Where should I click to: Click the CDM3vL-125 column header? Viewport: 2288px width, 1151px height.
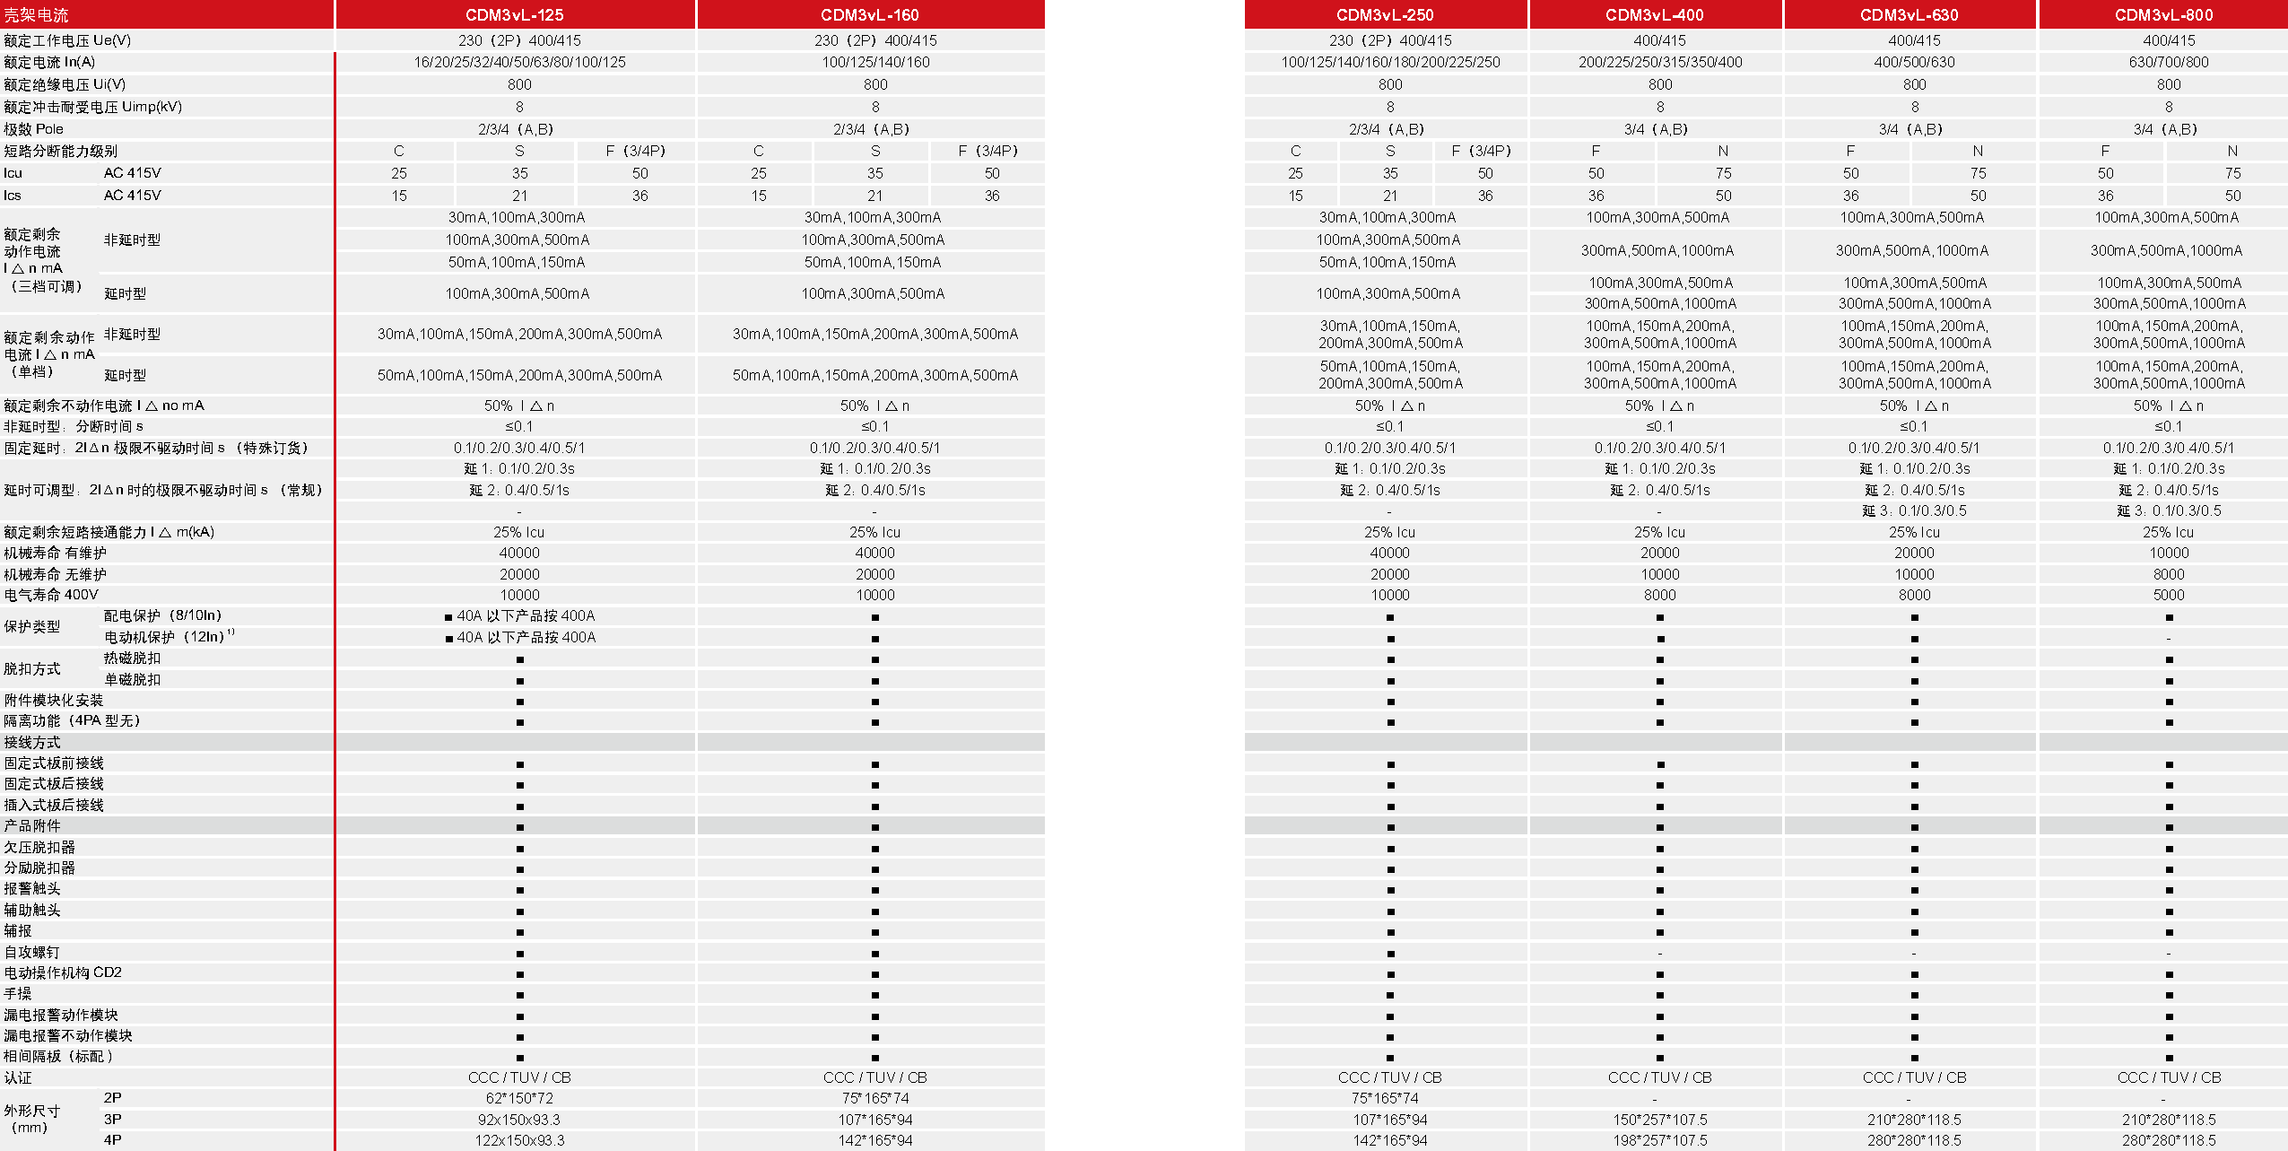[x=514, y=15]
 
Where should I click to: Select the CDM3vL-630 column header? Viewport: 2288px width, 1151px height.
[x=1909, y=15]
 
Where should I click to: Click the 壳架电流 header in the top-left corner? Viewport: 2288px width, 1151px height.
[x=37, y=15]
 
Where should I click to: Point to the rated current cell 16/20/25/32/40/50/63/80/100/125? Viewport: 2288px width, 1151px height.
[x=519, y=63]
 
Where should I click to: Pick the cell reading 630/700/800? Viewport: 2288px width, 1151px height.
[x=2168, y=63]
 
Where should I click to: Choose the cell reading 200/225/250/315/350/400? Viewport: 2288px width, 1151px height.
[x=1659, y=63]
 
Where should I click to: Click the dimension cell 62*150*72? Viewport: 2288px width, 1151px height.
[x=519, y=1099]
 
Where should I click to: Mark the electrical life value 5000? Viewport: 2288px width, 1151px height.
[x=2168, y=596]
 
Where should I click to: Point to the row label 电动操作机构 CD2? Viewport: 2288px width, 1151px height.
[x=63, y=973]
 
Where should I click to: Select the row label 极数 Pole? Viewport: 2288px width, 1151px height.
[x=34, y=129]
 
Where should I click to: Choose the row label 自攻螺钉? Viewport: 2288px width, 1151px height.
[x=32, y=953]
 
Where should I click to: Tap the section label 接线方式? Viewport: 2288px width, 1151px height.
[x=32, y=743]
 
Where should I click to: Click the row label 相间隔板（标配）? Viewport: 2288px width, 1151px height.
[x=59, y=1057]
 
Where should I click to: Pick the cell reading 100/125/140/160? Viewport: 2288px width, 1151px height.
[x=875, y=63]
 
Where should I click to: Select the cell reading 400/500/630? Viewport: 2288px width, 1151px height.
[x=1914, y=63]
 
